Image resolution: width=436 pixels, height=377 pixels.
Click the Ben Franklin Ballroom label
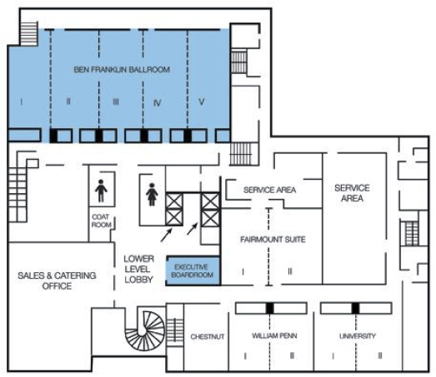click(x=122, y=69)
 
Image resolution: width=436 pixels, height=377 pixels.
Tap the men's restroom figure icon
click(x=101, y=191)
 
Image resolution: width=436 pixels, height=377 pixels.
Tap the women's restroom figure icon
click(x=152, y=195)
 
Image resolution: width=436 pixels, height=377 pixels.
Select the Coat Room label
click(x=101, y=221)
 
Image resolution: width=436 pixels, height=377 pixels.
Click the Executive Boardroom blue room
click(x=193, y=271)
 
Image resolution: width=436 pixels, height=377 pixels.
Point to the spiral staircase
click(x=145, y=331)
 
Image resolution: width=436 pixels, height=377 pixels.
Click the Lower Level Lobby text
click(x=138, y=269)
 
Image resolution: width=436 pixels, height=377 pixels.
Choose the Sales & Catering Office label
click(x=57, y=280)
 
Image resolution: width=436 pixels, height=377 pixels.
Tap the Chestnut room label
click(x=208, y=336)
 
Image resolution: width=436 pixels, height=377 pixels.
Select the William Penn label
click(x=274, y=335)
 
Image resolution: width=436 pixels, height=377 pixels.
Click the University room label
click(x=358, y=336)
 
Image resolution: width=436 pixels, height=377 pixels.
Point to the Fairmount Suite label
click(x=273, y=240)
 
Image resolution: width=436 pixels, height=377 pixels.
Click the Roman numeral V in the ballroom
click(x=202, y=102)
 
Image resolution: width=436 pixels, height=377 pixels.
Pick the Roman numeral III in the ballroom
click(x=116, y=102)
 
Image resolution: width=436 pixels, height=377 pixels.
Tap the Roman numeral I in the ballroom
click(x=22, y=102)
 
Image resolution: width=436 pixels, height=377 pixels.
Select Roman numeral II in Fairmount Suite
click(x=290, y=271)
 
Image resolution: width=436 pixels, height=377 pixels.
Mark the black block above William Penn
click(x=270, y=309)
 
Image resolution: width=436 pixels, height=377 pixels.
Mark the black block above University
click(x=355, y=309)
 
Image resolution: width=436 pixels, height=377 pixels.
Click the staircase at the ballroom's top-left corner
click(x=29, y=34)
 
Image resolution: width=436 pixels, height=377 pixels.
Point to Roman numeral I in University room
click(x=333, y=355)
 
